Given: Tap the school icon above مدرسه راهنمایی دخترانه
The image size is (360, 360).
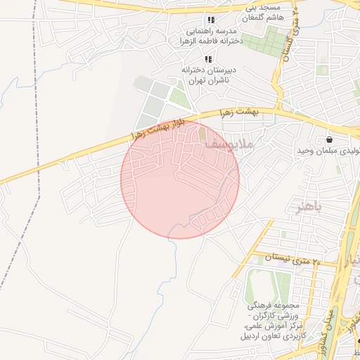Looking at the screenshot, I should coord(211,20).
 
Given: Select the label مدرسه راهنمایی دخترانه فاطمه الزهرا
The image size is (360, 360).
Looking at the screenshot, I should coord(209,37).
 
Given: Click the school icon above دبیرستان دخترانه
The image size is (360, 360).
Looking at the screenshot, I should coord(207,59).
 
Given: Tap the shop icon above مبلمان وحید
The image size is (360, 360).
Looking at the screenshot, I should coord(330,139).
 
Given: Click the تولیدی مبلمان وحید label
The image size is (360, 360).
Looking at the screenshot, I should coord(330,151).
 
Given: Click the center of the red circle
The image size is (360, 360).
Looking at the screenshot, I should coord(180,179).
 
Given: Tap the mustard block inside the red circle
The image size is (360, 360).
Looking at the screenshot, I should coord(203,132).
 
